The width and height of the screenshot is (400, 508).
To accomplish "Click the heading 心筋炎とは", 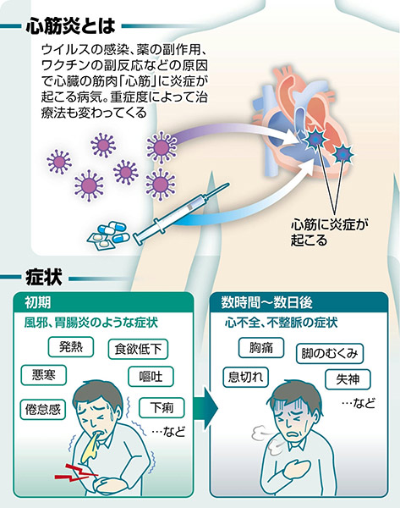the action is [x=70, y=25].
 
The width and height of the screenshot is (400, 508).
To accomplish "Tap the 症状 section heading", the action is [x=44, y=278].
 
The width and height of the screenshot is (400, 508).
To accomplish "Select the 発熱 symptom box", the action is [x=71, y=347].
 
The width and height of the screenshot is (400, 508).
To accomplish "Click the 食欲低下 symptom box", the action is [x=138, y=349].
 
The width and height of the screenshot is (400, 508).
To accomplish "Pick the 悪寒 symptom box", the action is [x=44, y=375].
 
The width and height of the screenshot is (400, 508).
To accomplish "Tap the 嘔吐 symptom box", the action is [x=151, y=377].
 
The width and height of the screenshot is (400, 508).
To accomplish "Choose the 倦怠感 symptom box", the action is [x=43, y=410].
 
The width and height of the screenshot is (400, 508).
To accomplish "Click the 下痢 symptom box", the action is [x=162, y=407].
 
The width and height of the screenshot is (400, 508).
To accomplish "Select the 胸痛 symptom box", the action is [x=261, y=348].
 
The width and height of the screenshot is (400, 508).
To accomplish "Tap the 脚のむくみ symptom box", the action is [x=330, y=353].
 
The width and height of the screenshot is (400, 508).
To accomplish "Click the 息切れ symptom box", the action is [x=245, y=377].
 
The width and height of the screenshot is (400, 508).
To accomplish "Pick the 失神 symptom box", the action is [x=348, y=379].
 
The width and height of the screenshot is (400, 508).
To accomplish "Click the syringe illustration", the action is [x=181, y=214].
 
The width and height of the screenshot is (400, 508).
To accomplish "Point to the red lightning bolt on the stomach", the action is [x=76, y=473].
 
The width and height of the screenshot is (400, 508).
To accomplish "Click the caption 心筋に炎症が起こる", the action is [x=330, y=232].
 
